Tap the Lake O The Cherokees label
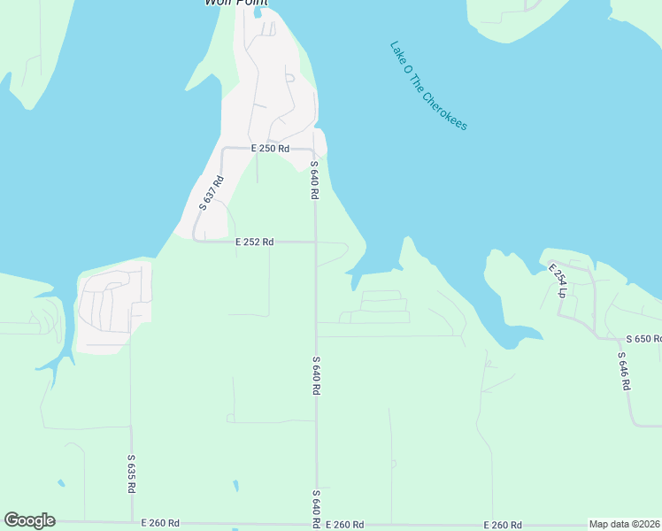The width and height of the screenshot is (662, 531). [x=428, y=86]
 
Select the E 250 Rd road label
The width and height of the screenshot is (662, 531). [x=270, y=149]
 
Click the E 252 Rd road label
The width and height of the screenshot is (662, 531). [x=255, y=242]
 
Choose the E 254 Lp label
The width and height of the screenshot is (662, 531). [x=556, y=281]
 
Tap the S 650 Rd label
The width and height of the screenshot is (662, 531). [x=643, y=339]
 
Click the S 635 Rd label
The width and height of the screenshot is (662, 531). [x=131, y=475]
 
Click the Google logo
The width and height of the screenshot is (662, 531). [x=29, y=520]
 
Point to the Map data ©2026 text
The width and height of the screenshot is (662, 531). [x=625, y=524]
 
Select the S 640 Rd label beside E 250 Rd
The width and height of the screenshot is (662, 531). [x=314, y=180]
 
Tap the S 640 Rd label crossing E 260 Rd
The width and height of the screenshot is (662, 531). [x=316, y=509]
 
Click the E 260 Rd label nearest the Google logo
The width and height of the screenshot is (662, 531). [x=160, y=524]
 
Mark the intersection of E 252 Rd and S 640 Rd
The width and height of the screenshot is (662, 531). [x=316, y=242]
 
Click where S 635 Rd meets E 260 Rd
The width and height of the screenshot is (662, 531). [x=132, y=523]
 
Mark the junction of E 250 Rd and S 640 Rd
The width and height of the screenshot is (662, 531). [x=314, y=150]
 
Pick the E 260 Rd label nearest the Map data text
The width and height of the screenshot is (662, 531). [x=502, y=525]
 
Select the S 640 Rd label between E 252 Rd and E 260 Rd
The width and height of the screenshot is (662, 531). [x=316, y=375]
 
